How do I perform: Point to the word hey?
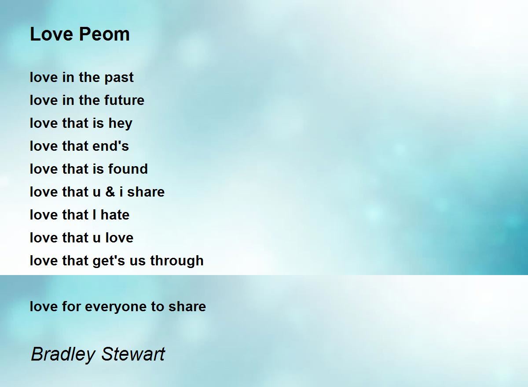(120, 123)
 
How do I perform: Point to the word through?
(176, 261)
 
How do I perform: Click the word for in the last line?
(72, 307)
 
